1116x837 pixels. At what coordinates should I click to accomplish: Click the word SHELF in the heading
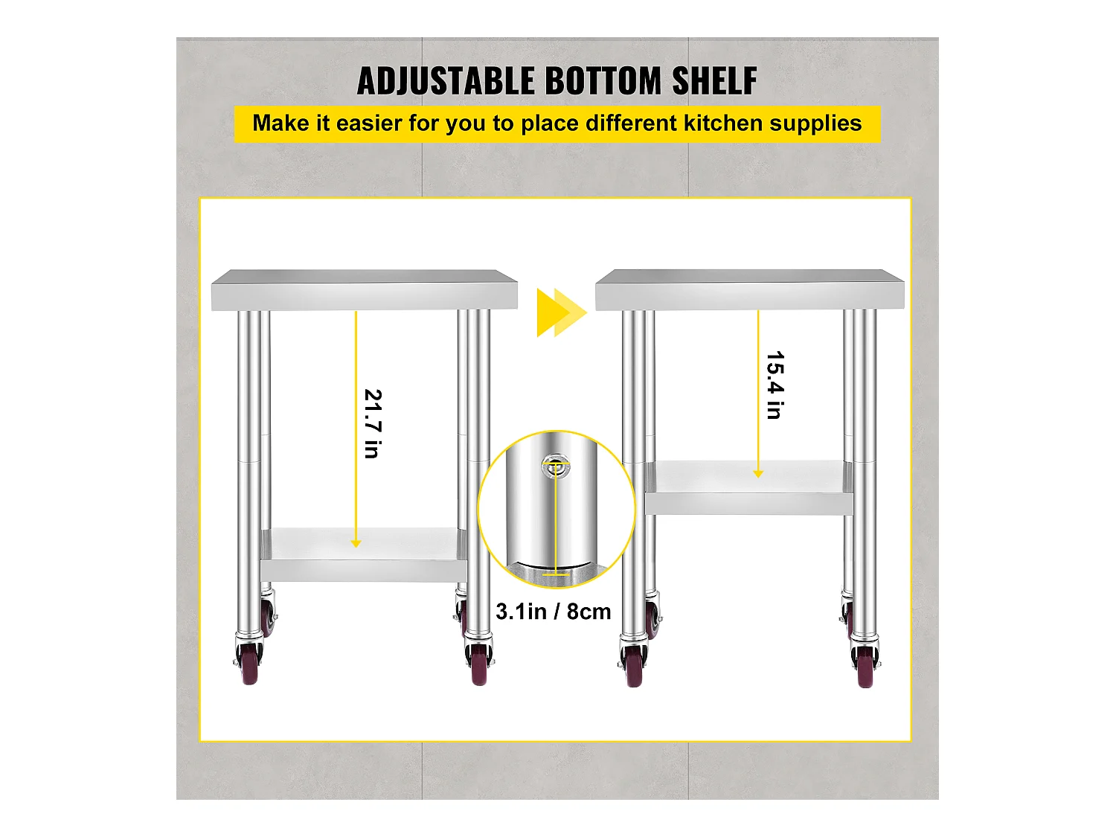(x=714, y=81)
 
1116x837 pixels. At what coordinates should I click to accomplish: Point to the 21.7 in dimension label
(x=373, y=424)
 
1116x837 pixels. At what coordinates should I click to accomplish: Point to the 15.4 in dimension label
(x=775, y=385)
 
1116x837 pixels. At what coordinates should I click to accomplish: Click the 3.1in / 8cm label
(x=554, y=612)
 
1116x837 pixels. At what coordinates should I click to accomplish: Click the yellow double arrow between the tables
(x=562, y=312)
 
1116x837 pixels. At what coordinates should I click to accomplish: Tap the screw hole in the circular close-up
(x=556, y=466)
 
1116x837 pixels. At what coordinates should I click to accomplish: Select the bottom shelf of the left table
(x=364, y=555)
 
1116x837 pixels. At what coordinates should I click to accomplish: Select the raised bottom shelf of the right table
(x=749, y=488)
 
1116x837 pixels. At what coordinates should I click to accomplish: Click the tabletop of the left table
(x=365, y=289)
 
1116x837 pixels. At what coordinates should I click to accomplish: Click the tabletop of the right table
(x=750, y=289)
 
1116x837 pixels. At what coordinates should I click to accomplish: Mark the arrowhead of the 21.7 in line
(x=356, y=543)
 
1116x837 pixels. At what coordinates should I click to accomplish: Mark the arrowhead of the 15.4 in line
(x=758, y=474)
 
